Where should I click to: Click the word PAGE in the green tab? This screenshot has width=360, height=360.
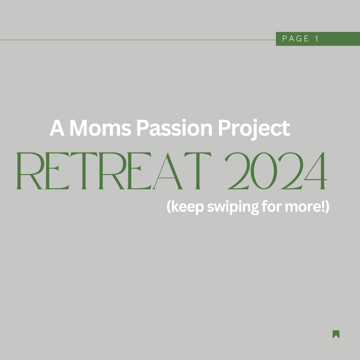(x=295, y=39)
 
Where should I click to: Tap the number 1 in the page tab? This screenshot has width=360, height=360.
(x=317, y=39)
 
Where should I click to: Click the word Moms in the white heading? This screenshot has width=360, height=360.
(x=100, y=128)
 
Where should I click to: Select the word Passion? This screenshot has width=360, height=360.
(x=174, y=128)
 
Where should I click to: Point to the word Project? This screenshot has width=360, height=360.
(x=254, y=129)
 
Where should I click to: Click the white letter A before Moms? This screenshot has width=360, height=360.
(x=57, y=128)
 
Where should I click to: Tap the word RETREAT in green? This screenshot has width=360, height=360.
(x=114, y=171)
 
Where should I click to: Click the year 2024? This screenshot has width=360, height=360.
(x=276, y=171)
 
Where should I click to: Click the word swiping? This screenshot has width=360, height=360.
(x=233, y=207)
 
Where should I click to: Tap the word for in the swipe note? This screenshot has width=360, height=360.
(x=272, y=206)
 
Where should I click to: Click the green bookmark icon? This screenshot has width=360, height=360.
(x=336, y=334)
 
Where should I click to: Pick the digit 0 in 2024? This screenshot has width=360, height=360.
(x=264, y=171)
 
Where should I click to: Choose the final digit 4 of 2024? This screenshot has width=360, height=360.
(x=315, y=171)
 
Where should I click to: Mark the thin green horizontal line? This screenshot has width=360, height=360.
(x=138, y=40)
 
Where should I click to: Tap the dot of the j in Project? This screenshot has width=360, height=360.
(x=255, y=121)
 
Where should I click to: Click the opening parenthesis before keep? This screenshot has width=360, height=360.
(x=169, y=207)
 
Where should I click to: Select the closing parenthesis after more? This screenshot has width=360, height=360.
(x=328, y=207)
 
